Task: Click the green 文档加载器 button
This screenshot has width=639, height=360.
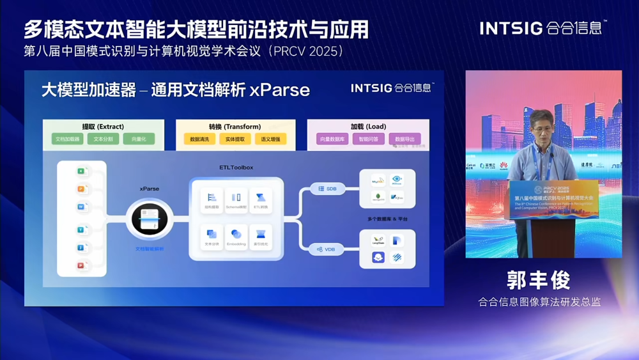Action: [67, 139]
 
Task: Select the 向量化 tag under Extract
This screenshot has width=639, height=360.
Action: [139, 139]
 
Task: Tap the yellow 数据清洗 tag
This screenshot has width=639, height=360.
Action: [200, 139]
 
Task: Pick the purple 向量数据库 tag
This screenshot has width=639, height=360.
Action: [332, 139]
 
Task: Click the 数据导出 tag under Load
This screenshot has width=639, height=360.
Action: [404, 139]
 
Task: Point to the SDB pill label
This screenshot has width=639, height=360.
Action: [328, 189]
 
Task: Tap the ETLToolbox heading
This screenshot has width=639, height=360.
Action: [236, 168]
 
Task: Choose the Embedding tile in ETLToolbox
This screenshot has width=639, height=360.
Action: [236, 237]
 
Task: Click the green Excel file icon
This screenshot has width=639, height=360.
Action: [82, 171]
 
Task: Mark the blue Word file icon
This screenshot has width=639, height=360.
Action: [82, 207]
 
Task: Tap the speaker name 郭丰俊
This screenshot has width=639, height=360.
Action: [538, 280]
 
